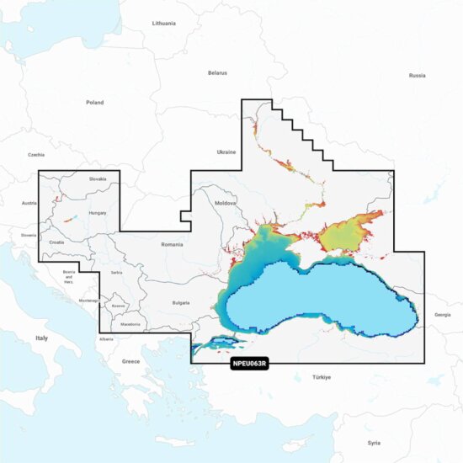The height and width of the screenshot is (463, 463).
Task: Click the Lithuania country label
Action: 164,24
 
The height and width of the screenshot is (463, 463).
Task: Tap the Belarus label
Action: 217,73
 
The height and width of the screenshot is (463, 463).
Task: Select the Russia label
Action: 417,76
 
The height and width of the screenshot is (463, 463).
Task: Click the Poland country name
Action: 94,103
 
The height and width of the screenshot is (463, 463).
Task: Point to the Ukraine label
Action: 226,152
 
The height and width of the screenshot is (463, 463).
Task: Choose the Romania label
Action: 172,244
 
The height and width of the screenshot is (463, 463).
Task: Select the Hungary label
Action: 98,213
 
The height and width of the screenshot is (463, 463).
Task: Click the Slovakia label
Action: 98,178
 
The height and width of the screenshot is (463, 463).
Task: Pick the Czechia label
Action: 35,155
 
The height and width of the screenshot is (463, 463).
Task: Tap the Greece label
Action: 130,361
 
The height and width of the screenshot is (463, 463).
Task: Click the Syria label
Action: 374,442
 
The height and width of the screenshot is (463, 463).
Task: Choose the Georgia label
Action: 442,315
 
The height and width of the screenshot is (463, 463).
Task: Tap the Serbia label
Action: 116,273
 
